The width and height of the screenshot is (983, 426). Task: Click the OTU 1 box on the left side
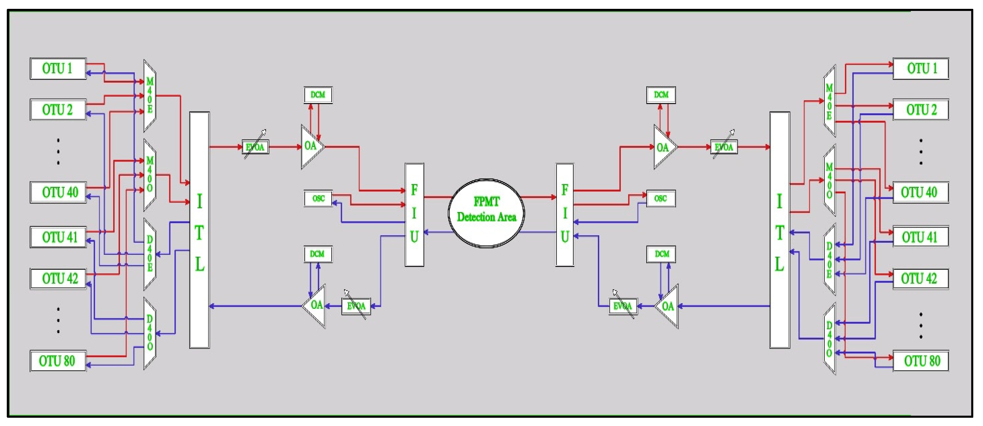coord(58,69)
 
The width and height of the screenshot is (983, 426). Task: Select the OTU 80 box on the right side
coord(921,361)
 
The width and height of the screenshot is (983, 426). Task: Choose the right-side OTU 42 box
coord(921,278)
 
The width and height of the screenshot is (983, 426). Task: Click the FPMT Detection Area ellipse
coord(486,213)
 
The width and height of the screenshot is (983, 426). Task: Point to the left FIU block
coord(414,214)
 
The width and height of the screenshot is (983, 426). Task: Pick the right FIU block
coord(565,214)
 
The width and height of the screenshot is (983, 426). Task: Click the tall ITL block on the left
coord(199,230)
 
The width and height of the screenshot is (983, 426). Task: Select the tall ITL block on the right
coord(779,230)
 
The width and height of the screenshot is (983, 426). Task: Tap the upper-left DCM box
coord(318,95)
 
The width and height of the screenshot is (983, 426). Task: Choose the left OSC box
coord(318,199)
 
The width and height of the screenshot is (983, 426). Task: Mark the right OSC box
coord(661,199)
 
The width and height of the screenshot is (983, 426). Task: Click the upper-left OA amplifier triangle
coord(311,146)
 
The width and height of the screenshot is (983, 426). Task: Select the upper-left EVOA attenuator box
coord(255,147)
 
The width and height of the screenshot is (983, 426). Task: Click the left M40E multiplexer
coord(150,96)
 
